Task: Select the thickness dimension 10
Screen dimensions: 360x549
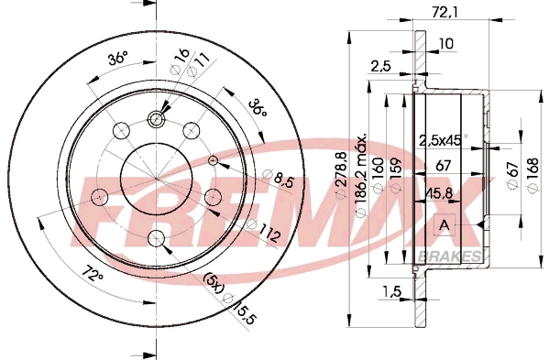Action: tap(446, 43)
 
